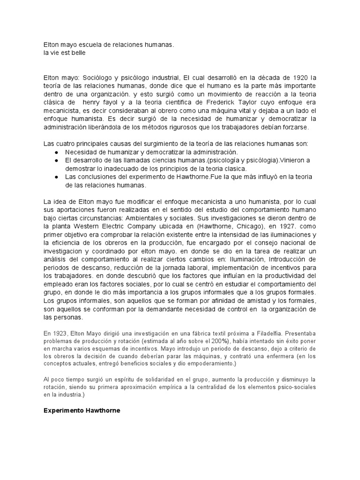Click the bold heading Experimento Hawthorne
tap(82, 411)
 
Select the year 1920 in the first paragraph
tap(300, 77)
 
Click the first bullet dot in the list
tap(56, 152)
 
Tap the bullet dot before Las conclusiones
tap(56, 177)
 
